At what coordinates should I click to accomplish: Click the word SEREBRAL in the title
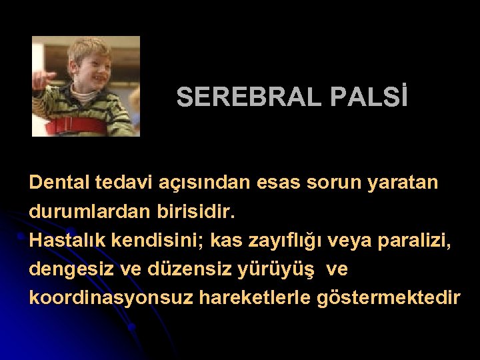point(249,99)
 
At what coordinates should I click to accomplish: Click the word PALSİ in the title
point(368,99)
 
